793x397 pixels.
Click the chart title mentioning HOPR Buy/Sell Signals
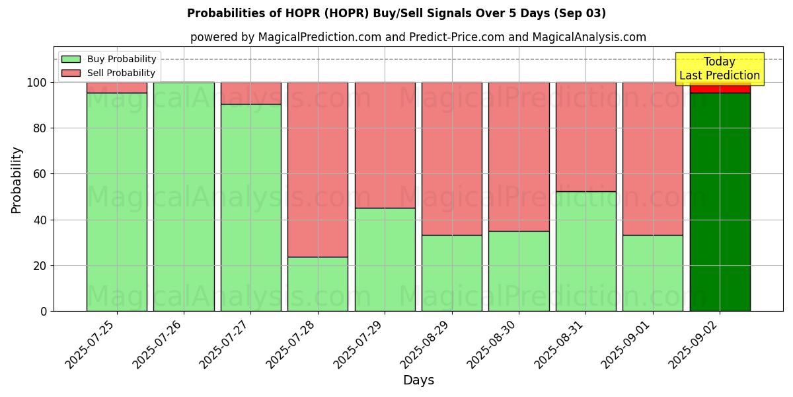pyautogui.click(x=396, y=13)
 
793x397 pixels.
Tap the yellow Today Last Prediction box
pyautogui.click(x=719, y=69)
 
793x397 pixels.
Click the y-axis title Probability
pyautogui.click(x=17, y=180)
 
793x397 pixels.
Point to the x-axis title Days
pyautogui.click(x=418, y=380)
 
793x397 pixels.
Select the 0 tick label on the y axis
pyautogui.click(x=44, y=311)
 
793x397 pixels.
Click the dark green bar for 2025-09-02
pyautogui.click(x=720, y=202)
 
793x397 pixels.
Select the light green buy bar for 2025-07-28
pyautogui.click(x=318, y=284)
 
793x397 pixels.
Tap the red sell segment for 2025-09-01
pyautogui.click(x=653, y=159)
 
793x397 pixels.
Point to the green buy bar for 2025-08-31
pyautogui.click(x=585, y=251)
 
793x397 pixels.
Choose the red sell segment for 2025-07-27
pyautogui.click(x=250, y=93)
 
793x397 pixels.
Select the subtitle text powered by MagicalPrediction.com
pyautogui.click(x=418, y=37)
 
